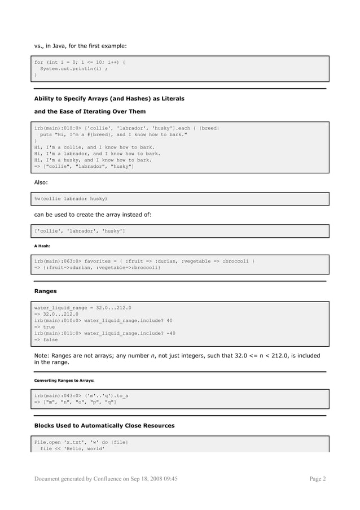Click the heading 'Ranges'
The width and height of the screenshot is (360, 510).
tap(45, 291)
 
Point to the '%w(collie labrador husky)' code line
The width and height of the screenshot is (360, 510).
tap(71, 199)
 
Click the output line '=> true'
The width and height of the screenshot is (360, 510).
tap(45, 326)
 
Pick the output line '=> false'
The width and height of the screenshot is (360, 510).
tap(46, 340)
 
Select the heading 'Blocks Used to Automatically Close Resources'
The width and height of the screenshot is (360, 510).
tap(104, 425)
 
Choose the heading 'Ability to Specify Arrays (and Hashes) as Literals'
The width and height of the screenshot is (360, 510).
tap(109, 99)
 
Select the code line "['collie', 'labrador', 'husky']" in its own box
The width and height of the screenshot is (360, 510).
tap(80, 231)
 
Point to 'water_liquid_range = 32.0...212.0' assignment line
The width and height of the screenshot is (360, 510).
tap(82, 308)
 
